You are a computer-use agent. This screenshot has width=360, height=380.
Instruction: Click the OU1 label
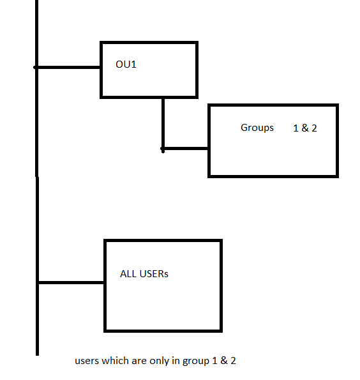(126, 65)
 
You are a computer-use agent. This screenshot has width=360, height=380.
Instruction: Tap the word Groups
(257, 128)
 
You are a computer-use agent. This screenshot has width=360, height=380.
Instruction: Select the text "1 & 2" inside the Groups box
(305, 128)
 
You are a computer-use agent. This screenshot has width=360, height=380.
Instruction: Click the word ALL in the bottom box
(128, 274)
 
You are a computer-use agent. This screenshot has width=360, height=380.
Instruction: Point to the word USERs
(154, 274)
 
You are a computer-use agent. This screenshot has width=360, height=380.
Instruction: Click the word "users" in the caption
(87, 361)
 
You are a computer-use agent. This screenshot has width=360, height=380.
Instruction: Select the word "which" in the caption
(116, 361)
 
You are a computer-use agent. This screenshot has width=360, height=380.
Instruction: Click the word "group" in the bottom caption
(196, 361)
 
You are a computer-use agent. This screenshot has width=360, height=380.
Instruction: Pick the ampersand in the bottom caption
(224, 361)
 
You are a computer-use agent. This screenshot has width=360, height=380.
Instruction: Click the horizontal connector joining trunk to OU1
(67, 67)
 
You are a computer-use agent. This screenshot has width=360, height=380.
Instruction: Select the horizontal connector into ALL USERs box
(71, 282)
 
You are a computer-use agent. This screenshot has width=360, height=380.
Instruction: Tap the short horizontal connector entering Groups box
(186, 148)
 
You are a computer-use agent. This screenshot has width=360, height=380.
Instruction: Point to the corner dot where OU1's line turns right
(163, 149)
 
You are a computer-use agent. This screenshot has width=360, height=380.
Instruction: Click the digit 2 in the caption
(233, 361)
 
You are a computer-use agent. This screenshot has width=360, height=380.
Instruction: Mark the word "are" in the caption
(139, 361)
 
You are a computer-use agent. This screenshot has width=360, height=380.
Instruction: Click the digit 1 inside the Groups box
(296, 128)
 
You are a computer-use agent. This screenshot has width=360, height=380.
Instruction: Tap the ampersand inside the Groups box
(305, 128)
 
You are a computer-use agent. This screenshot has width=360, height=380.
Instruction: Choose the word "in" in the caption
(176, 361)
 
